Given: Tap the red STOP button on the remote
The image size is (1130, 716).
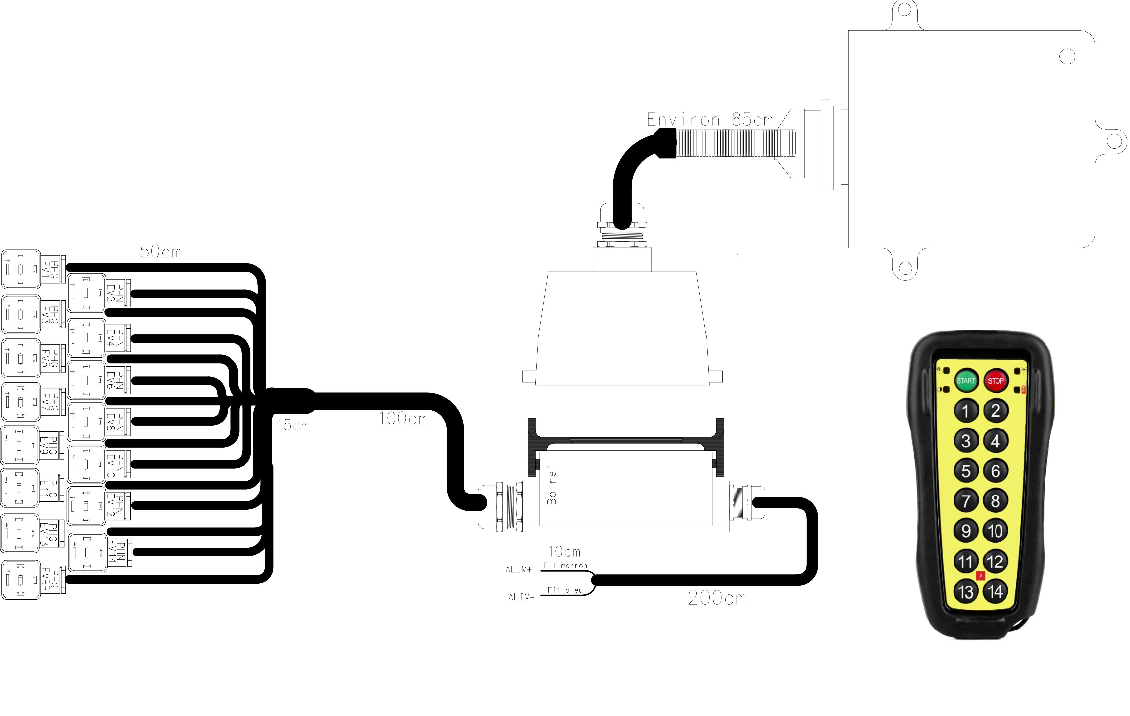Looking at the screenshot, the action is (995, 381).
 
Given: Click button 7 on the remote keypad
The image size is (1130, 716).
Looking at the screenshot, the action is (966, 501).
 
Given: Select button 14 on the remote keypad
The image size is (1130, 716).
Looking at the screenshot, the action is (995, 591).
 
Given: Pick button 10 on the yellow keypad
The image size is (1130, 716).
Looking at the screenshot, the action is (995, 531).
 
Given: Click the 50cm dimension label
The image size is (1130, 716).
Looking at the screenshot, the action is (161, 252).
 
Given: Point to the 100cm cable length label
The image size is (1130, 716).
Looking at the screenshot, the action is (403, 419).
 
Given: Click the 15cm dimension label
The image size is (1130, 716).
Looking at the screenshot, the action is (293, 425).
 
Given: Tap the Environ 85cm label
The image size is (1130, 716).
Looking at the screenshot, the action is (710, 120).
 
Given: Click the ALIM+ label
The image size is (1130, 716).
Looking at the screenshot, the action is (519, 569).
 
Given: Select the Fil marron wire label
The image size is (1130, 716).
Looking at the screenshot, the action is (565, 566).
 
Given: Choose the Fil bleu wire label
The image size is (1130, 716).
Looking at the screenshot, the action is (565, 590).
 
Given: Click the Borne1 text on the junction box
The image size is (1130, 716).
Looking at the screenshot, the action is (552, 485).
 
